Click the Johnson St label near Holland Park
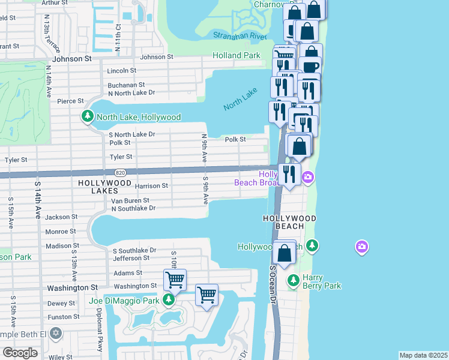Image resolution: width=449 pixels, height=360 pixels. pyautogui.click(x=156, y=57)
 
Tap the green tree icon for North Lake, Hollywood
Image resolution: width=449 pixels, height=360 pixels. pyautogui.click(x=88, y=116)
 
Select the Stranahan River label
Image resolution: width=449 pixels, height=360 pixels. pyautogui.click(x=240, y=36)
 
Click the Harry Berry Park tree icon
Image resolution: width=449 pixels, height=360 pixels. pyautogui.click(x=294, y=280)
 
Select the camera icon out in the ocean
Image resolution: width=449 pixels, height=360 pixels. pyautogui.click(x=361, y=246)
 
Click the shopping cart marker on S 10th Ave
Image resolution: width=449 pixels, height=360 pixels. pyautogui.click(x=175, y=280)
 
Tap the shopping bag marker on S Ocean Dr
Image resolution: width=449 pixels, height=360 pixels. pyautogui.click(x=285, y=253)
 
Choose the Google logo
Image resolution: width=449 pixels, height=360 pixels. pyautogui.click(x=20, y=353)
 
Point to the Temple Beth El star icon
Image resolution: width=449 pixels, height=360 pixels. pyautogui.click(x=55, y=332)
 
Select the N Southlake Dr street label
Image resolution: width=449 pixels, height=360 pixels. pyautogui.click(x=133, y=208)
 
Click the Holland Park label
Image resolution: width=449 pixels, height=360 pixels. pyautogui.click(x=237, y=55)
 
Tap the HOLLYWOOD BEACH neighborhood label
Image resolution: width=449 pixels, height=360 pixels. pyautogui.click(x=289, y=223)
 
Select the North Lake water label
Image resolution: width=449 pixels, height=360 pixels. pyautogui.click(x=240, y=98)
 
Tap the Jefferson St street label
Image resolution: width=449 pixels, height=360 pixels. pyautogui.click(x=131, y=257)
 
